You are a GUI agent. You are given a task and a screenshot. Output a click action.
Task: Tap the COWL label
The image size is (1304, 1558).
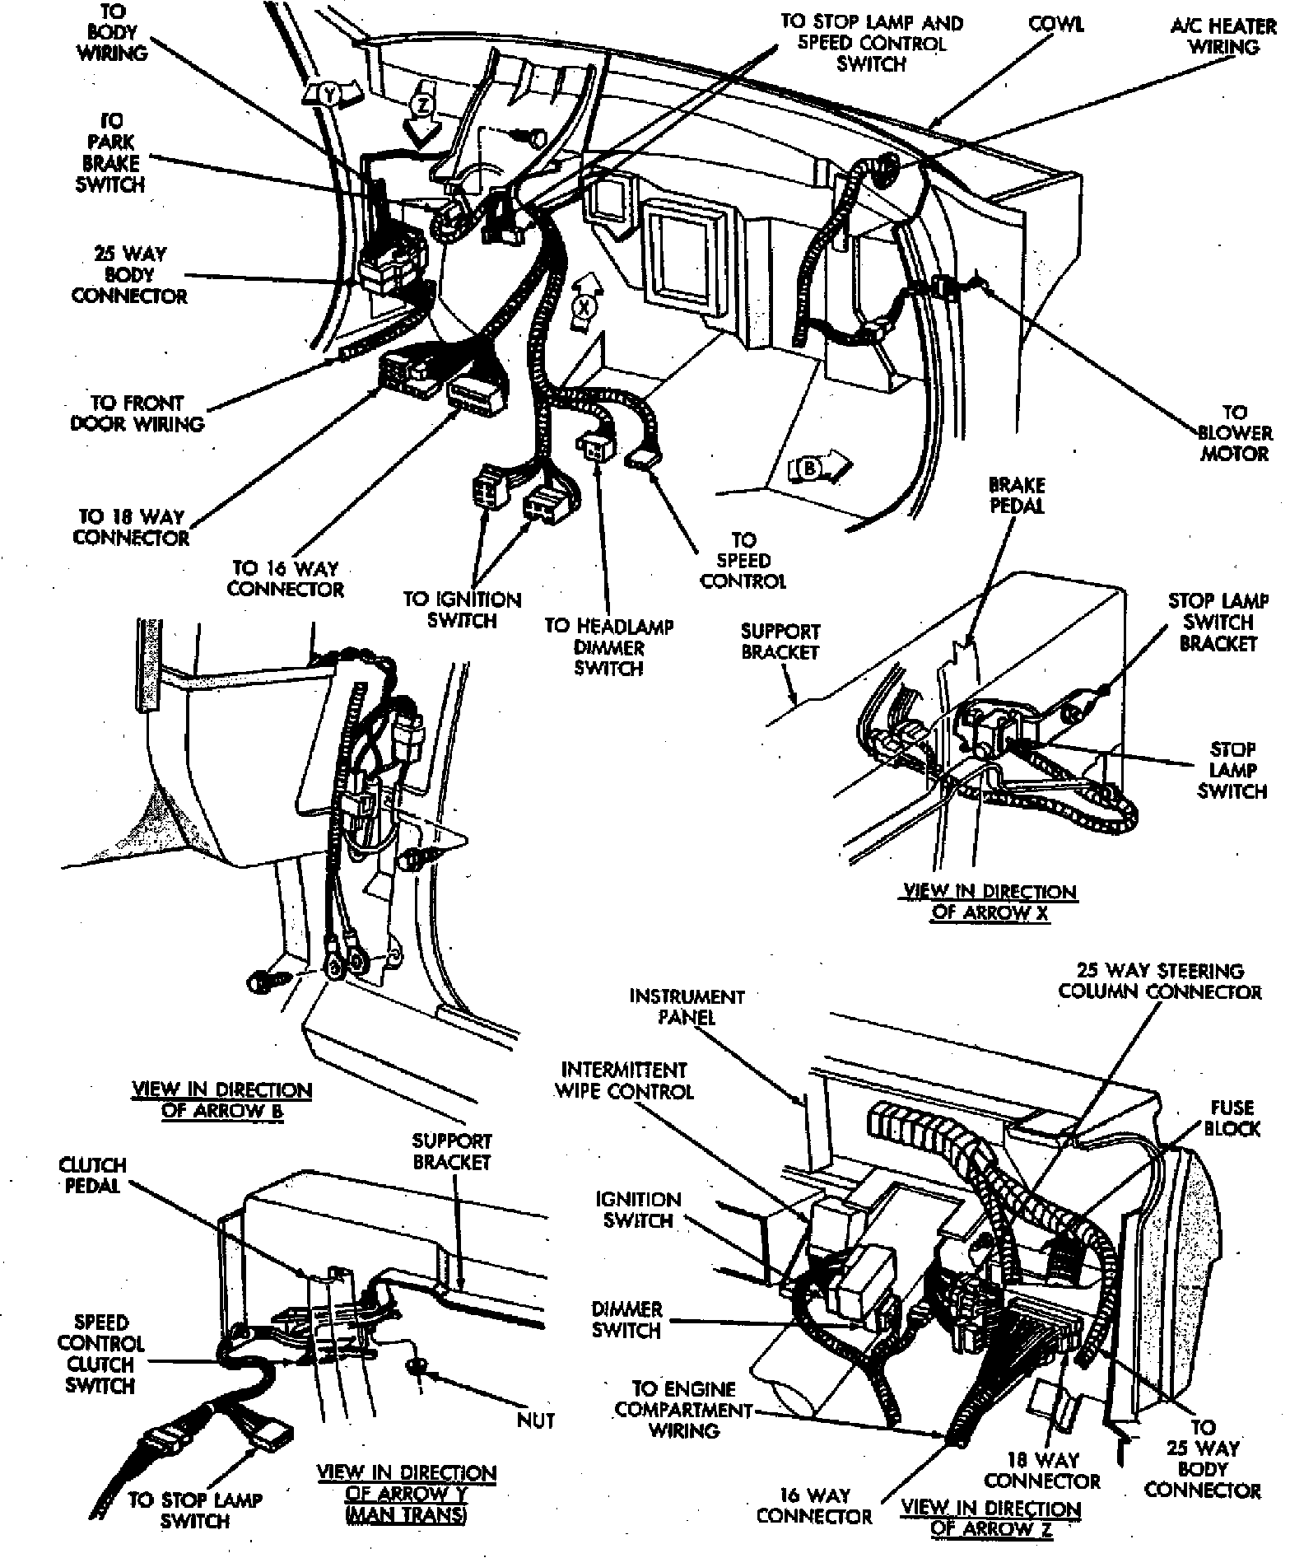tap(1056, 25)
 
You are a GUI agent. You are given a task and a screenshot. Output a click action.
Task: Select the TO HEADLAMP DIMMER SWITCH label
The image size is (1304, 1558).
tap(608, 647)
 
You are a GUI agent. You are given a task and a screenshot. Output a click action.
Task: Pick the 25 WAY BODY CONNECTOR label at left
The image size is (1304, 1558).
tap(128, 275)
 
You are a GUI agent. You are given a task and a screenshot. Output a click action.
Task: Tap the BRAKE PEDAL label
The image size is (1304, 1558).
tap(1017, 496)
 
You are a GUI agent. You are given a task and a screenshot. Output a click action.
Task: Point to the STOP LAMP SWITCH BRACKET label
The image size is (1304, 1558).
tap(1218, 623)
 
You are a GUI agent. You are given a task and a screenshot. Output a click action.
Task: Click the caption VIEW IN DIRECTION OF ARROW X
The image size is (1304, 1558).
tap(990, 902)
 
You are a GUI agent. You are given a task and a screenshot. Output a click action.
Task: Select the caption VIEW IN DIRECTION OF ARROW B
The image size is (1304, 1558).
tap(222, 1100)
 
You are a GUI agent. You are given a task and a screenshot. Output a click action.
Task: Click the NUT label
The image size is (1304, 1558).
tap(536, 1420)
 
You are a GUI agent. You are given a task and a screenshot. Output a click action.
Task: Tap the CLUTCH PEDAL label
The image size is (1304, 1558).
tap(92, 1175)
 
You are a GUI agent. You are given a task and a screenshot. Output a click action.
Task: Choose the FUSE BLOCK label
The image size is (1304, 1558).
tap(1232, 1118)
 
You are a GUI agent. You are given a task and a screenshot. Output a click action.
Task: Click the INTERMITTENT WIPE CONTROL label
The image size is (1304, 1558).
tap(624, 1080)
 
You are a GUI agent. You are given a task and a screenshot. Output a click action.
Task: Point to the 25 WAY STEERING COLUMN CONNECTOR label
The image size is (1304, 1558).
tap(1159, 981)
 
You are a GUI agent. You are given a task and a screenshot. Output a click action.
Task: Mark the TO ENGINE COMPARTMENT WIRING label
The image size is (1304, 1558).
tap(683, 1410)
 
